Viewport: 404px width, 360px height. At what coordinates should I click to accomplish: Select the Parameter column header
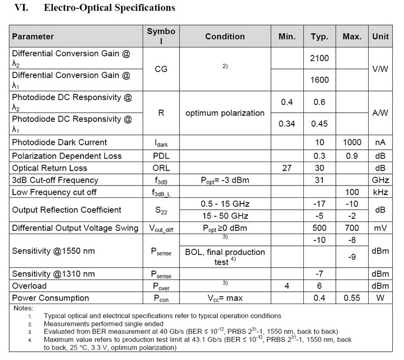pyautogui.click(x=33, y=36)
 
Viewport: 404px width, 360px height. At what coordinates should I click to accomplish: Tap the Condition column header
pyautogui.click(x=224, y=36)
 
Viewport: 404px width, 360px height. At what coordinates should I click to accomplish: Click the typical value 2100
pyautogui.click(x=320, y=58)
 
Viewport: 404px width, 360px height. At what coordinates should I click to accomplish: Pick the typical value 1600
pyautogui.click(x=320, y=79)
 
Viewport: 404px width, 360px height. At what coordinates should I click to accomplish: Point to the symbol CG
pyautogui.click(x=161, y=69)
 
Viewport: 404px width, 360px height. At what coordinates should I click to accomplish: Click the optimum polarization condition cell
pyautogui.click(x=224, y=112)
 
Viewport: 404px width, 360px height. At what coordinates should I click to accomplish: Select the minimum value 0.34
pyautogui.click(x=287, y=124)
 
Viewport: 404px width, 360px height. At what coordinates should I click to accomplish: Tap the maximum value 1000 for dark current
pyautogui.click(x=352, y=142)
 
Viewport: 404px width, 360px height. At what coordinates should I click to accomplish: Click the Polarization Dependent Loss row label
pyautogui.click(x=67, y=155)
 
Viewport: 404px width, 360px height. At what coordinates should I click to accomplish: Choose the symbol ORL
pyautogui.click(x=161, y=168)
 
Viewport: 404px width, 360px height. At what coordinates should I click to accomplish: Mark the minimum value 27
pyautogui.click(x=287, y=168)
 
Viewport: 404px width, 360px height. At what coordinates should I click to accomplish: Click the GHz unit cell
pyautogui.click(x=381, y=180)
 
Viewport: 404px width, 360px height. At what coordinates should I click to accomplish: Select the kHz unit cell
pyautogui.click(x=381, y=192)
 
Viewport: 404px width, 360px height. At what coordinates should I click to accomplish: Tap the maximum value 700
pyautogui.click(x=352, y=229)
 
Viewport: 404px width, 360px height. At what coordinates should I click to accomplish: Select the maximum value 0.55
pyautogui.click(x=352, y=298)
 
